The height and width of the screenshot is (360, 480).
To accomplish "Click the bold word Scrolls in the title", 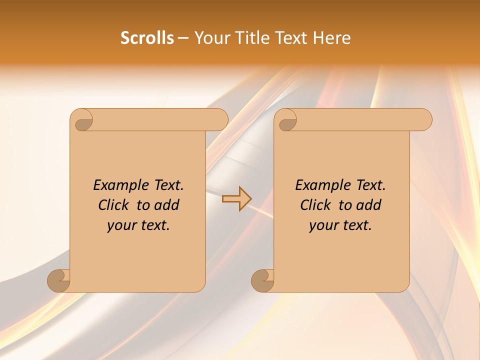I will coord(147,38).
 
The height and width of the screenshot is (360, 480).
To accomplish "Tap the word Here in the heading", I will coord(331,38).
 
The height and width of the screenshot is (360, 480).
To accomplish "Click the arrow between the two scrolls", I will coord(237,198).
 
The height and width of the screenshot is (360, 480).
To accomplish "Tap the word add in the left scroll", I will coord(167,205).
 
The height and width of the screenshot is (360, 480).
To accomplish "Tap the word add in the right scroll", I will coord(369,205).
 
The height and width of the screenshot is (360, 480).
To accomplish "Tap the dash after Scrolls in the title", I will coord(183,38).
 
